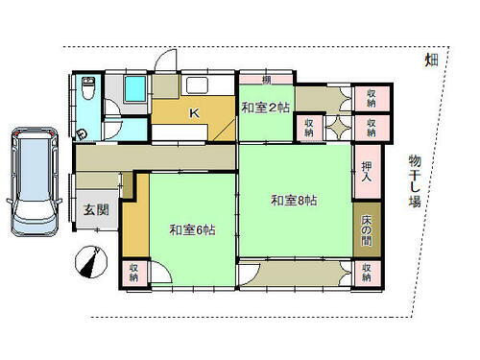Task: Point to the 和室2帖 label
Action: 265,108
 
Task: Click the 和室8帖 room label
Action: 294,200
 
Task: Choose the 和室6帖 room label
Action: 192,229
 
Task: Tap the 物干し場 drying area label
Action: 414,182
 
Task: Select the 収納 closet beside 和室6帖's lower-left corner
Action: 134,274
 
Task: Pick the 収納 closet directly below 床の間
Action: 368,274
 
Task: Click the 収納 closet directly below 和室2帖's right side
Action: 310,128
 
